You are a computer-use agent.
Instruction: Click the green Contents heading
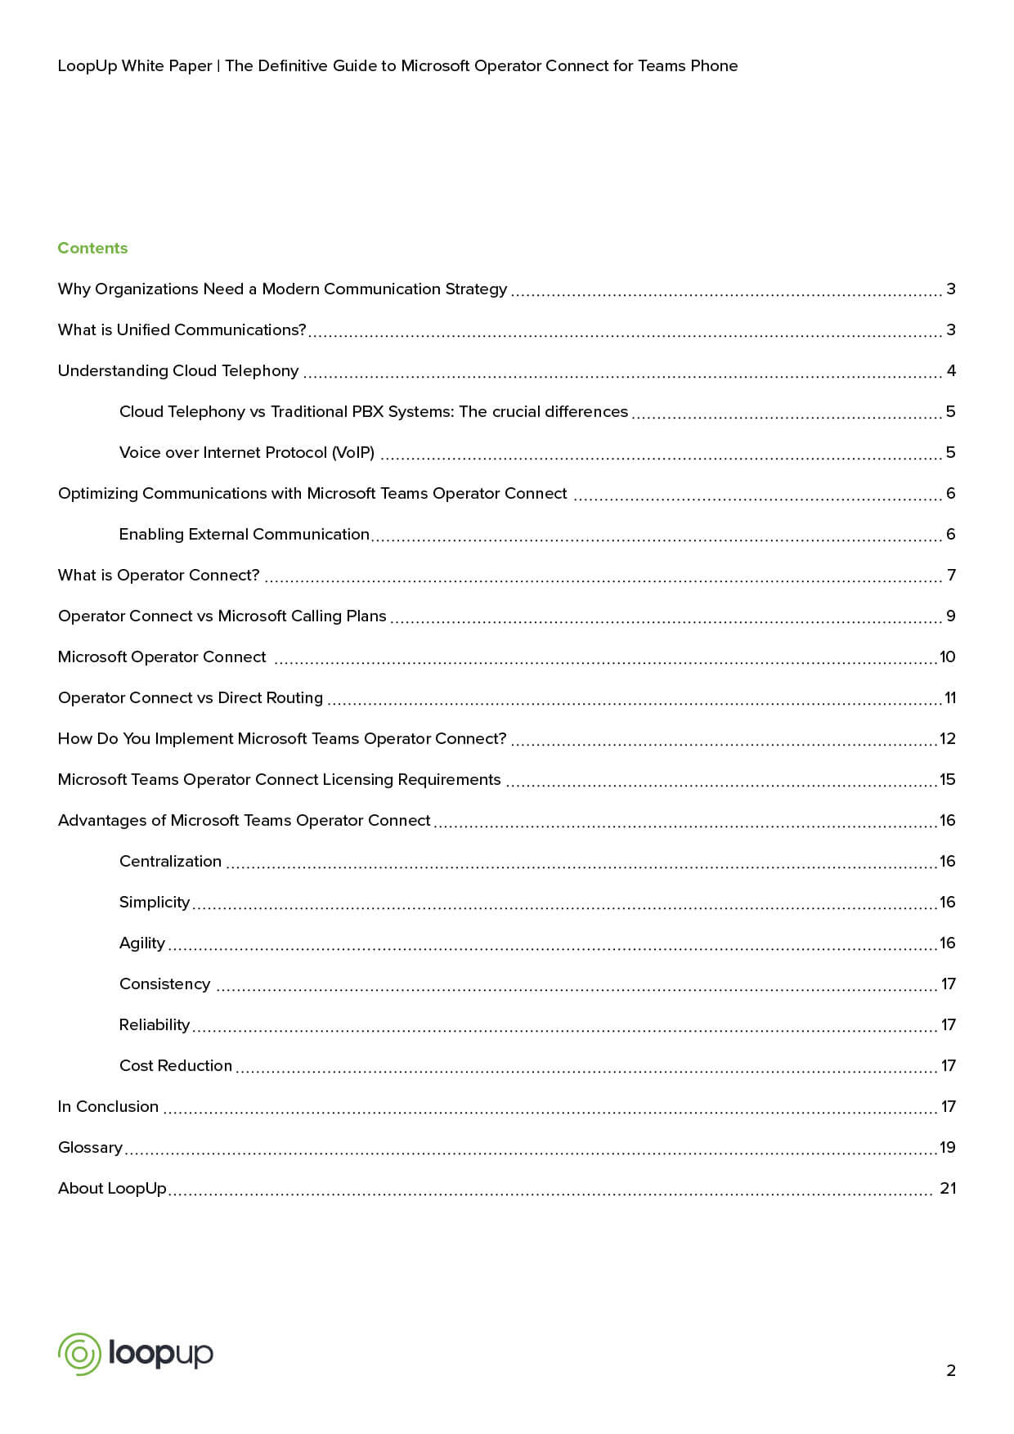pyautogui.click(x=92, y=248)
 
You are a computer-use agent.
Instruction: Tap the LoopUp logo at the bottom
pyautogui.click(x=136, y=1353)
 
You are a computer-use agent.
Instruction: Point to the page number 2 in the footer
pyautogui.click(x=950, y=1370)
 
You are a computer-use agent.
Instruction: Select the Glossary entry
pyautogui.click(x=90, y=1147)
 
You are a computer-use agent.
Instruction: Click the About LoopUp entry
pyautogui.click(x=112, y=1188)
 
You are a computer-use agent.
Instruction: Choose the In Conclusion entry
pyautogui.click(x=108, y=1106)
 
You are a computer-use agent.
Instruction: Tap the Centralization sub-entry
pyautogui.click(x=170, y=861)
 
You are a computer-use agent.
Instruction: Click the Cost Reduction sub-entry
pyautogui.click(x=176, y=1065)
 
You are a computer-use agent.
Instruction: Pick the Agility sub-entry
pyautogui.click(x=142, y=943)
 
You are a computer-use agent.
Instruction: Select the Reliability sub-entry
pyautogui.click(x=155, y=1024)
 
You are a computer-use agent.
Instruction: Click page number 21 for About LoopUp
pyautogui.click(x=948, y=1188)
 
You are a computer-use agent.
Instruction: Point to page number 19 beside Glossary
pyautogui.click(x=948, y=1147)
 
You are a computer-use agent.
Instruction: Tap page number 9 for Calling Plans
pyautogui.click(x=950, y=616)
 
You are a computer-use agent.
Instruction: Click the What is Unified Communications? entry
pyautogui.click(x=182, y=329)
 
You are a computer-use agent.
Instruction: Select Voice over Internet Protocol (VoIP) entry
pyautogui.click(x=247, y=452)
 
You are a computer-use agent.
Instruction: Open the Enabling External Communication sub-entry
pyautogui.click(x=245, y=534)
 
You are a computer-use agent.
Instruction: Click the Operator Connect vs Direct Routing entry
pyautogui.click(x=191, y=697)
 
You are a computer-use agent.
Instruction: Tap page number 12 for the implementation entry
pyautogui.click(x=948, y=738)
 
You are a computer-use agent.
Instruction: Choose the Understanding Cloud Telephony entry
pyautogui.click(x=178, y=370)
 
